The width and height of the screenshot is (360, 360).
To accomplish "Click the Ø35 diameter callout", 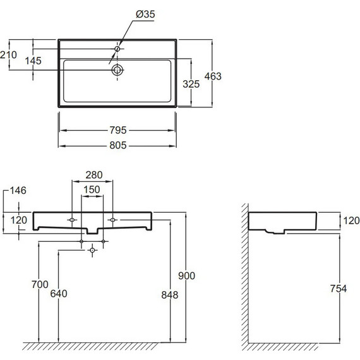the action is (145, 15).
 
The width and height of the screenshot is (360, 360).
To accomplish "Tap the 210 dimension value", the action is (8, 55).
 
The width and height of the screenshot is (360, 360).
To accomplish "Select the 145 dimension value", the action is (33, 61).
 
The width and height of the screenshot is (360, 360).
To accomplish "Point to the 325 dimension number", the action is (191, 84).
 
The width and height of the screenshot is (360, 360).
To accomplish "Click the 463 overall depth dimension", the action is (213, 76).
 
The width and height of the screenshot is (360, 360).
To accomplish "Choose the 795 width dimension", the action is (118, 130).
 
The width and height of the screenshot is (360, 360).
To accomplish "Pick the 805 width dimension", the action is (118, 145).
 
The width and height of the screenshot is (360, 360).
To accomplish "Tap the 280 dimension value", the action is (94, 175).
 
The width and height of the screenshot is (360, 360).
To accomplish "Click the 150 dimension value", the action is (92, 189).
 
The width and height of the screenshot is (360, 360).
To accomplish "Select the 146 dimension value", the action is (18, 191).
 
